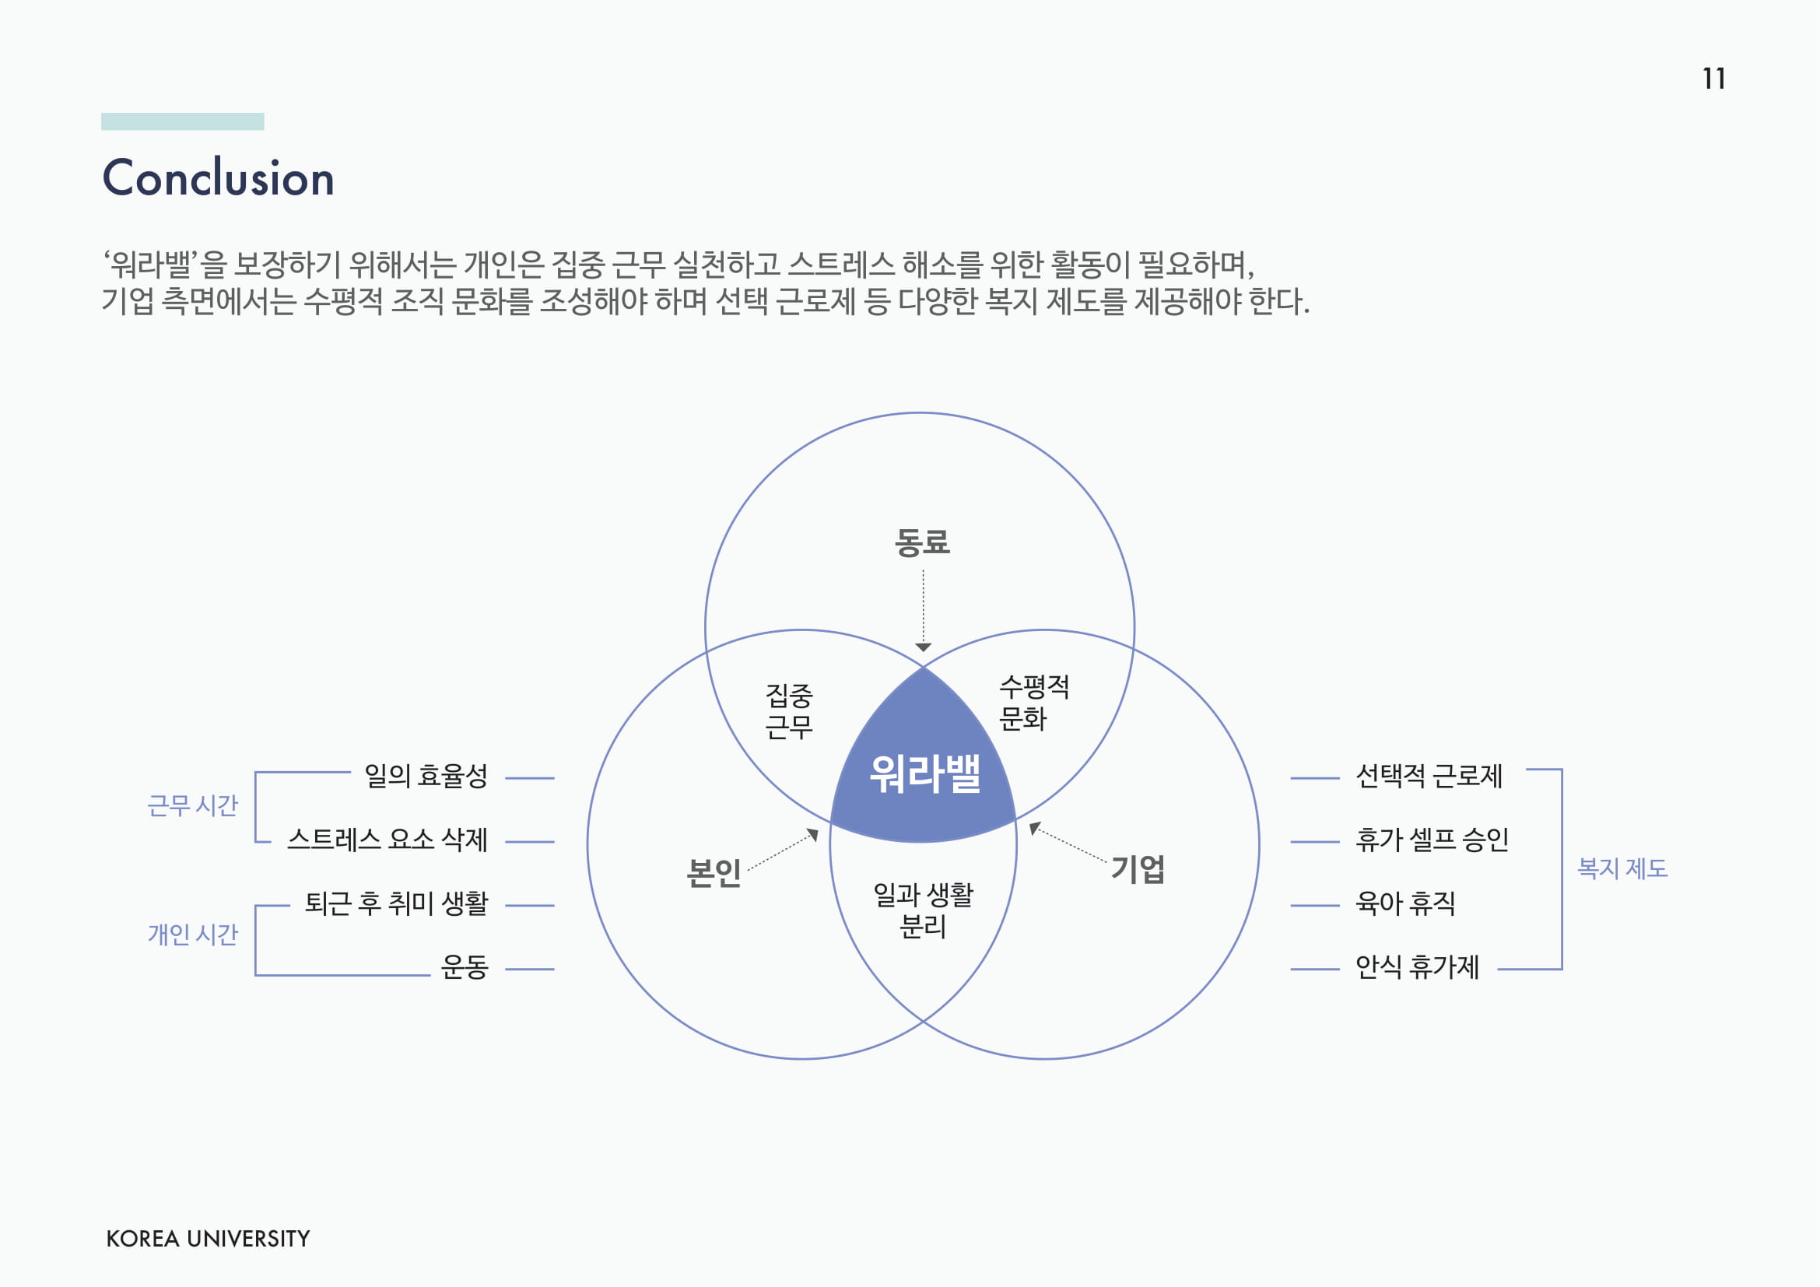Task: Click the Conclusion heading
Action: [x=218, y=177]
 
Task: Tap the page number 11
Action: [x=1713, y=79]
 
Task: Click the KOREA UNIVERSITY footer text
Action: [x=208, y=1239]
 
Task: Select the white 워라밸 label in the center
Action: [x=924, y=773]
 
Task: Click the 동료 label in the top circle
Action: [x=922, y=543]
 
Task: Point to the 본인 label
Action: [x=714, y=872]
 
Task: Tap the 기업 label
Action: [x=1138, y=869]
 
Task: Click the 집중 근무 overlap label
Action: [x=789, y=711]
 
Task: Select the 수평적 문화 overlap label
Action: [x=1033, y=702]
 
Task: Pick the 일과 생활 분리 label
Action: [x=923, y=910]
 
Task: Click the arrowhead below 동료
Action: [x=923, y=647]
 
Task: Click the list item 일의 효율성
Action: [x=426, y=776]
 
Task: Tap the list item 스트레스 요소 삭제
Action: [x=387, y=840]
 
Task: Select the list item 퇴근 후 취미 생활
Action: [x=396, y=903]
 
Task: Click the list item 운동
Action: [x=465, y=967]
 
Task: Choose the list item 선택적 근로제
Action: [x=1429, y=776]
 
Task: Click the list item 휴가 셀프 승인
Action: [x=1432, y=840]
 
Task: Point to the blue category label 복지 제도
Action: [x=1622, y=868]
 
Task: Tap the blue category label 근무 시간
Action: [x=193, y=806]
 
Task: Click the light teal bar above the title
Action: [x=182, y=121]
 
